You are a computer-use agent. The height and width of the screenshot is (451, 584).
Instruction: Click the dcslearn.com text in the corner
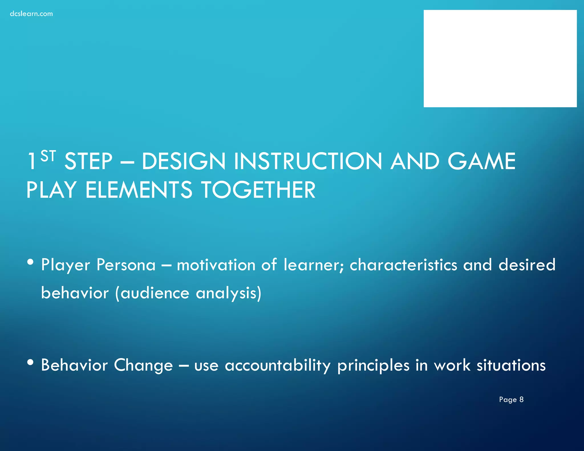[x=31, y=14]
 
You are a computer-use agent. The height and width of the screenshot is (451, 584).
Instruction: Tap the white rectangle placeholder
[x=500, y=58]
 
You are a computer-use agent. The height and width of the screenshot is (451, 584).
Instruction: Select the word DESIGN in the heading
[x=184, y=161]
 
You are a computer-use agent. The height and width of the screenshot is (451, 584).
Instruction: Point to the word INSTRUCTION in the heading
[x=308, y=161]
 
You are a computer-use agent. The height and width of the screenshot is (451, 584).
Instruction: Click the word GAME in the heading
[x=482, y=161]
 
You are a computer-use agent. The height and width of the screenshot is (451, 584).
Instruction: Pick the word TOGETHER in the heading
[x=258, y=190]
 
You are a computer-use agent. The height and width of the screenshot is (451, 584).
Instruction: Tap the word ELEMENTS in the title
[x=139, y=190]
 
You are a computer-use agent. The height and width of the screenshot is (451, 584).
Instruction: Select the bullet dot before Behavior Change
[x=31, y=362]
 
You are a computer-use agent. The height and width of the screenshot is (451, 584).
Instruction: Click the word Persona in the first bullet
[x=126, y=265]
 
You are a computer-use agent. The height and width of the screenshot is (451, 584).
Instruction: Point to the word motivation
[x=216, y=265]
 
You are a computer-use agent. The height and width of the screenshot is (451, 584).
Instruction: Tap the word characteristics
[x=403, y=265]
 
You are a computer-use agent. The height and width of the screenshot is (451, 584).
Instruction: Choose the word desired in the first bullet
[x=527, y=265]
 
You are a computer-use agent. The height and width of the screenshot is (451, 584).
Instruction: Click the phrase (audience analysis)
[x=188, y=294]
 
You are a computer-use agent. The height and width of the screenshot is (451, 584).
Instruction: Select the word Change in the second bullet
[x=143, y=365]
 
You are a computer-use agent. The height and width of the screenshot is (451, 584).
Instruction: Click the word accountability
[x=278, y=365]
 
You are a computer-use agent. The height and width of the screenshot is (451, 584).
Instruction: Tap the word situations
[x=511, y=365]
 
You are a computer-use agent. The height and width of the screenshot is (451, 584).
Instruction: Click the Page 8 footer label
[x=511, y=399]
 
